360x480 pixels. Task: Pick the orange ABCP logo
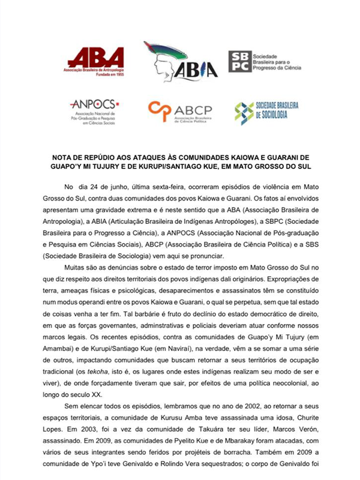point(179,112)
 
